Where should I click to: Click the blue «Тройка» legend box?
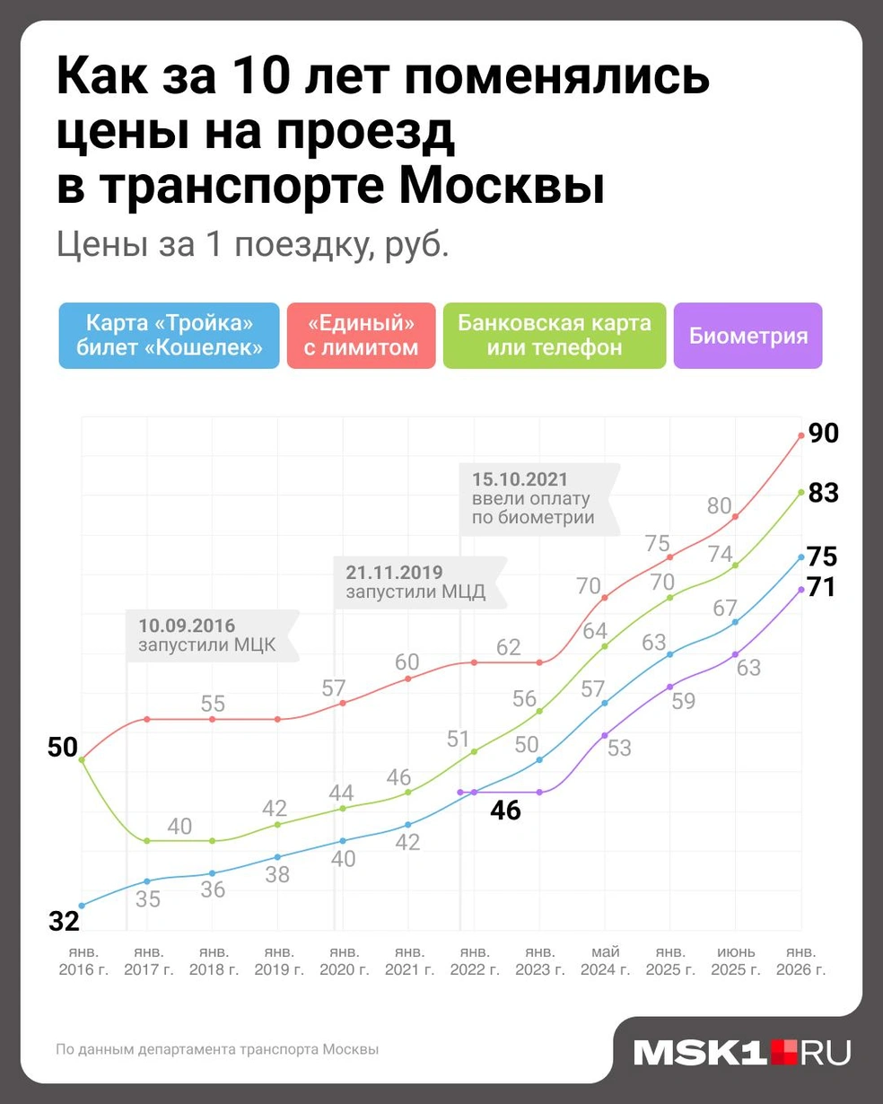169,336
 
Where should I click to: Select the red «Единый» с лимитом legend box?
361,336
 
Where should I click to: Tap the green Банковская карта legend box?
555,336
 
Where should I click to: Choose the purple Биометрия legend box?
747,336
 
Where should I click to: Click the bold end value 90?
823,434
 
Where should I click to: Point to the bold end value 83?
823,493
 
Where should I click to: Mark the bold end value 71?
821,588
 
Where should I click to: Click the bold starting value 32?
64,921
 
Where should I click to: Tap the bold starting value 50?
63,747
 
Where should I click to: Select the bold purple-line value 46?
505,810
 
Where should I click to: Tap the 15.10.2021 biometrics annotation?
535,498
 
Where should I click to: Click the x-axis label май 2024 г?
605,960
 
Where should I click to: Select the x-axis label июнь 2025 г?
736,960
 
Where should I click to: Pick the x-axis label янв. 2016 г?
83,960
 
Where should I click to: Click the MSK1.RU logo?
741,1053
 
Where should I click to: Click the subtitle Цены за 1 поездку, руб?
252,244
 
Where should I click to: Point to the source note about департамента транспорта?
217,1049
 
